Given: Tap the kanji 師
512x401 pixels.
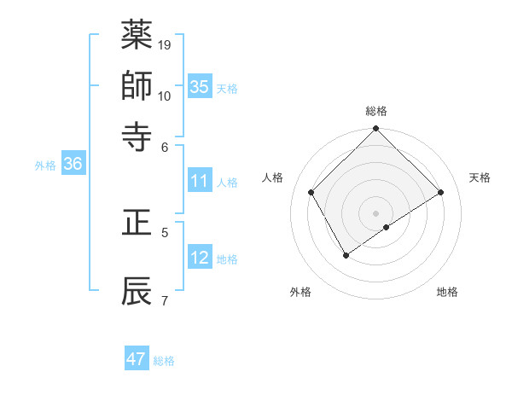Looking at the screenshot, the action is (137, 85).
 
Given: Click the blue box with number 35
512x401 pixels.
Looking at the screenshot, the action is (200, 87).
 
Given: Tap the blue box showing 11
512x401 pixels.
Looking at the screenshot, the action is (200, 181).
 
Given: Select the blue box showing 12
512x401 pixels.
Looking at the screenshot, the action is (200, 258).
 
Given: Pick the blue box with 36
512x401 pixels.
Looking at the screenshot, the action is (73, 165).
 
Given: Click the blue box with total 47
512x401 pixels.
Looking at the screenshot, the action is (137, 359).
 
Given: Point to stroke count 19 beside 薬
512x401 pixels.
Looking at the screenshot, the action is (165, 44).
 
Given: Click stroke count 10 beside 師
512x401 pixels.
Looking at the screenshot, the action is (165, 96).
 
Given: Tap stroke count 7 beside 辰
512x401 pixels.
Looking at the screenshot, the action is (164, 300).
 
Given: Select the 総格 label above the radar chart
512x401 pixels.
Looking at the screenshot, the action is (376, 111).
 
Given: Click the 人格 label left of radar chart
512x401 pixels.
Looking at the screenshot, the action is (274, 177).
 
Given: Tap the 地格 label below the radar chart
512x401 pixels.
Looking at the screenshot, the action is (447, 293).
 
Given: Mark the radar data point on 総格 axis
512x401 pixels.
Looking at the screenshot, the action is (376, 130).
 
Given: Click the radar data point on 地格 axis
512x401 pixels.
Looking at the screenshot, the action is (387, 227).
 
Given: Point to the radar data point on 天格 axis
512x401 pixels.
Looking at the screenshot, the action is (441, 193).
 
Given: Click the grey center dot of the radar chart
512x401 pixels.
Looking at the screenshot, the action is (376, 212).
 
